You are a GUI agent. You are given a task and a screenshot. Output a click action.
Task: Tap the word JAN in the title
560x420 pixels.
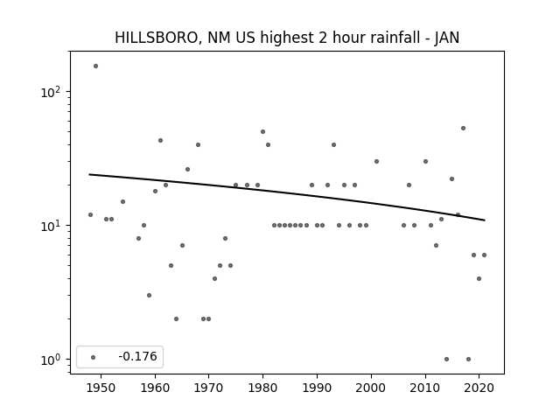click(x=447, y=38)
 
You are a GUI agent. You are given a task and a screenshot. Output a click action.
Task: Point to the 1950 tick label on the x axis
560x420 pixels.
click(x=101, y=388)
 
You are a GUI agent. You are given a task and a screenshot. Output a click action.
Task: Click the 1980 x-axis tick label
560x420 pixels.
click(x=262, y=388)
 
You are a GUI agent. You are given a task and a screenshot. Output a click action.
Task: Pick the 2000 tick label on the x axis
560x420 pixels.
click(x=371, y=388)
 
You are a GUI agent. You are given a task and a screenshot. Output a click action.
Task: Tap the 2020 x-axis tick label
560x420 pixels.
click(x=479, y=388)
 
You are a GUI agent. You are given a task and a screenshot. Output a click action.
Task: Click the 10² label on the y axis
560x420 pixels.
click(x=51, y=92)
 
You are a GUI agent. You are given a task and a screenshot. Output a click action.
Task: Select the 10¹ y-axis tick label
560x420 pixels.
click(x=51, y=226)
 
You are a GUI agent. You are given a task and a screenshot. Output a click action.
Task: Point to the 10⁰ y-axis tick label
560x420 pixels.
click(x=51, y=360)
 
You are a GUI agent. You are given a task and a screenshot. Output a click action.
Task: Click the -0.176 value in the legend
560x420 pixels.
click(x=137, y=356)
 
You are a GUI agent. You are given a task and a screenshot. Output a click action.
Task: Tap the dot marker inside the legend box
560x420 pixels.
click(x=94, y=357)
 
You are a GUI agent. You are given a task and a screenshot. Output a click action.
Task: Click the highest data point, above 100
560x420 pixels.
click(x=95, y=66)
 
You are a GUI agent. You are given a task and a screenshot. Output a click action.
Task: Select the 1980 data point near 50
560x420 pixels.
click(x=262, y=132)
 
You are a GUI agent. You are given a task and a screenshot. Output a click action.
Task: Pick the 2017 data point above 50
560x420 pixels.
click(x=463, y=129)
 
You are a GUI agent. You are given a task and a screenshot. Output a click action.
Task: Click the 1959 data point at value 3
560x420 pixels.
click(x=150, y=296)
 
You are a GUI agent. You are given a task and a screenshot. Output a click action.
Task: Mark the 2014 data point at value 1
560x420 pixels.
click(x=447, y=360)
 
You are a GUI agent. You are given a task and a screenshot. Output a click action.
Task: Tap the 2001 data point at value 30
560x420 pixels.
click(x=376, y=161)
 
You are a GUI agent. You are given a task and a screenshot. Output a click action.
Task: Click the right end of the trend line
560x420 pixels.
click(x=485, y=220)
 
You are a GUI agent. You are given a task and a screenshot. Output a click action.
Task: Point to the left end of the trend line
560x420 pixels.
click(x=89, y=174)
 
